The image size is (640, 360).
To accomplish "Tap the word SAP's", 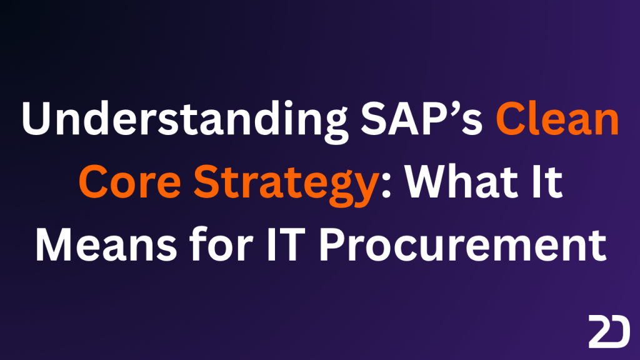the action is click(x=422, y=118).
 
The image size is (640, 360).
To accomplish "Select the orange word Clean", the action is click(x=557, y=118).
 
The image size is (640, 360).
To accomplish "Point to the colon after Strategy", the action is click(x=386, y=187).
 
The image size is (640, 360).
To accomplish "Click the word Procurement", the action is click(x=462, y=245).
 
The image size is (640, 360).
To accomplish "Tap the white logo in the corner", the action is click(x=609, y=331).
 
